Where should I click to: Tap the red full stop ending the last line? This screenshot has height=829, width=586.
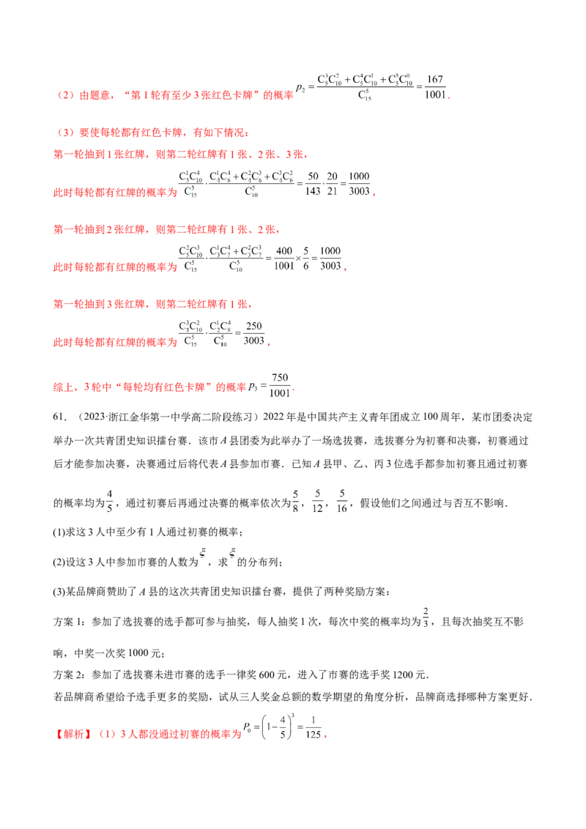[x=326, y=738]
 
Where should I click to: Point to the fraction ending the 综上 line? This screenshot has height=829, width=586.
[x=278, y=384]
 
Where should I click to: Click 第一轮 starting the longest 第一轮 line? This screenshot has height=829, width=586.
[x=62, y=156]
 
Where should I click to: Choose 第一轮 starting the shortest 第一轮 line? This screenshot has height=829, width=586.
[x=62, y=303]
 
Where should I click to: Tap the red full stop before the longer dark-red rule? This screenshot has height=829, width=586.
[x=371, y=196]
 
